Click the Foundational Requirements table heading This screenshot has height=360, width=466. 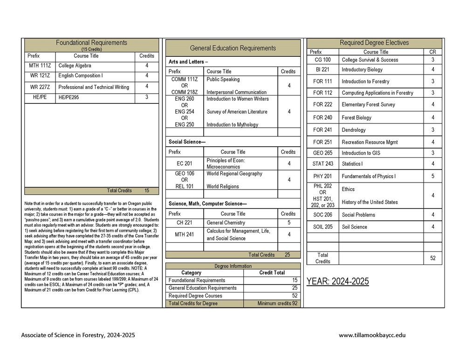click(91, 43)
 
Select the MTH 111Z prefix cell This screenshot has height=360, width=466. click(40, 66)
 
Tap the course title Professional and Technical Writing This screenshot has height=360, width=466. click(93, 87)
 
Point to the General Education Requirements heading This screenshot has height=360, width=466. click(233, 48)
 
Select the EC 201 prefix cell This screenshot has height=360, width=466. click(184, 163)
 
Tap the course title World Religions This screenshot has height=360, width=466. click(223, 186)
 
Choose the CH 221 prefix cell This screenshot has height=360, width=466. click(184, 223)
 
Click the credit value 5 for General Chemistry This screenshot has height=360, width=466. click(289, 223)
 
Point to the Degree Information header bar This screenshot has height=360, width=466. click(233, 266)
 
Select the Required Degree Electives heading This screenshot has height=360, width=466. click(374, 43)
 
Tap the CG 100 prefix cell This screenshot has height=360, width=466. click(322, 60)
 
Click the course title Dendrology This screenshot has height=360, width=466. click(354, 130)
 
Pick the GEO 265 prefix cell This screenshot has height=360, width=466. click(322, 153)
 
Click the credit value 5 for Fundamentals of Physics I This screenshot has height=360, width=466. click(433, 176)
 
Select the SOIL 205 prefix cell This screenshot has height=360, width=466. click(322, 227)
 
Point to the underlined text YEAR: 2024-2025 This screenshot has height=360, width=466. click(337, 281)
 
